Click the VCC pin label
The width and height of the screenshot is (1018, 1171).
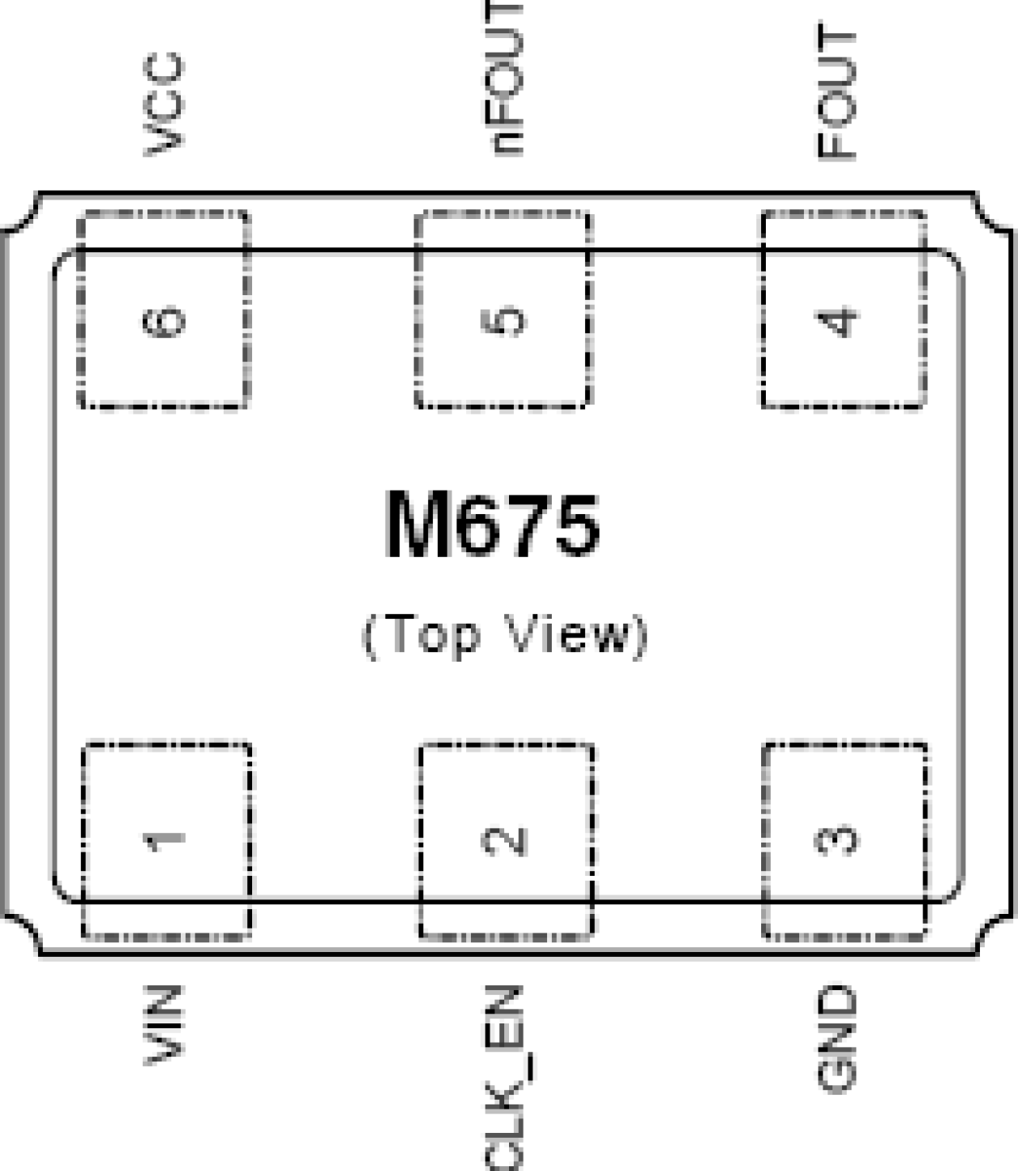pos(164,104)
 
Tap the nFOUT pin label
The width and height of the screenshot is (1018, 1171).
pos(504,79)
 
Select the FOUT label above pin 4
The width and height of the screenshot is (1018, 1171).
pos(836,91)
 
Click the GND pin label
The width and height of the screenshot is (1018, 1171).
pos(836,1038)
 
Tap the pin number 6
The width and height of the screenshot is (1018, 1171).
pos(164,321)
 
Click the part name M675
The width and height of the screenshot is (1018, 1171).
pos(493,525)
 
